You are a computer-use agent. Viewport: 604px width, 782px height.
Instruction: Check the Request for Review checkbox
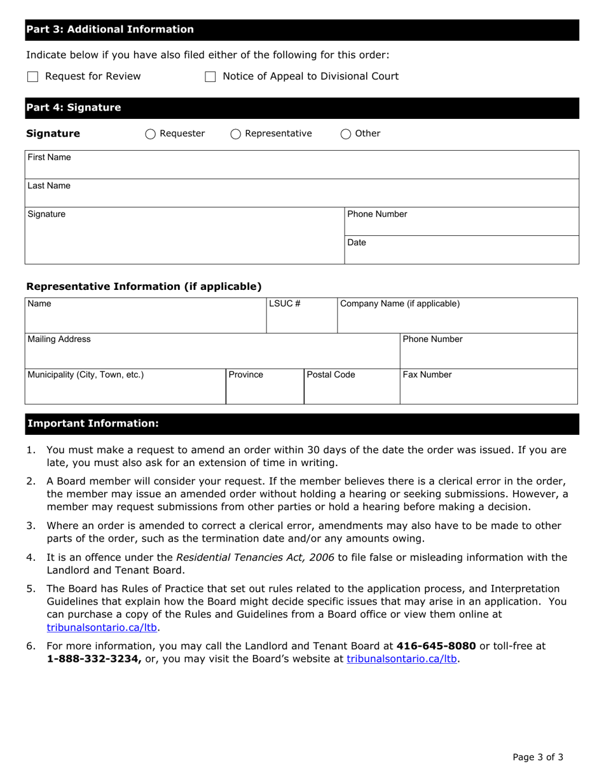pos(33,77)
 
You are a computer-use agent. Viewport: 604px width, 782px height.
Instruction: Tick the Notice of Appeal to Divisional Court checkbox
pos(210,77)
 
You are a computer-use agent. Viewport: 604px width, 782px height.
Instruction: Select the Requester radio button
pos(151,134)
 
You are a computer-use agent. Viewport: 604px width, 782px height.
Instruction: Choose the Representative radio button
pos(236,134)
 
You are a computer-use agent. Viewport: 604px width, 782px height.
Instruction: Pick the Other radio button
pos(346,134)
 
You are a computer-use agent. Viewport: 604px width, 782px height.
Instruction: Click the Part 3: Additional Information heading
pos(110,29)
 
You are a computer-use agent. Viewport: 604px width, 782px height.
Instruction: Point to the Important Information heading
pos(93,423)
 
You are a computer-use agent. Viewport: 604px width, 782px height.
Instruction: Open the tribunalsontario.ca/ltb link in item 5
pos(102,628)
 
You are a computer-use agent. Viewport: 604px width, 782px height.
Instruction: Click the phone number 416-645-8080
pos(436,646)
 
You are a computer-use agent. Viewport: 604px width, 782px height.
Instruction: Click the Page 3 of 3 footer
pos(538,757)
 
